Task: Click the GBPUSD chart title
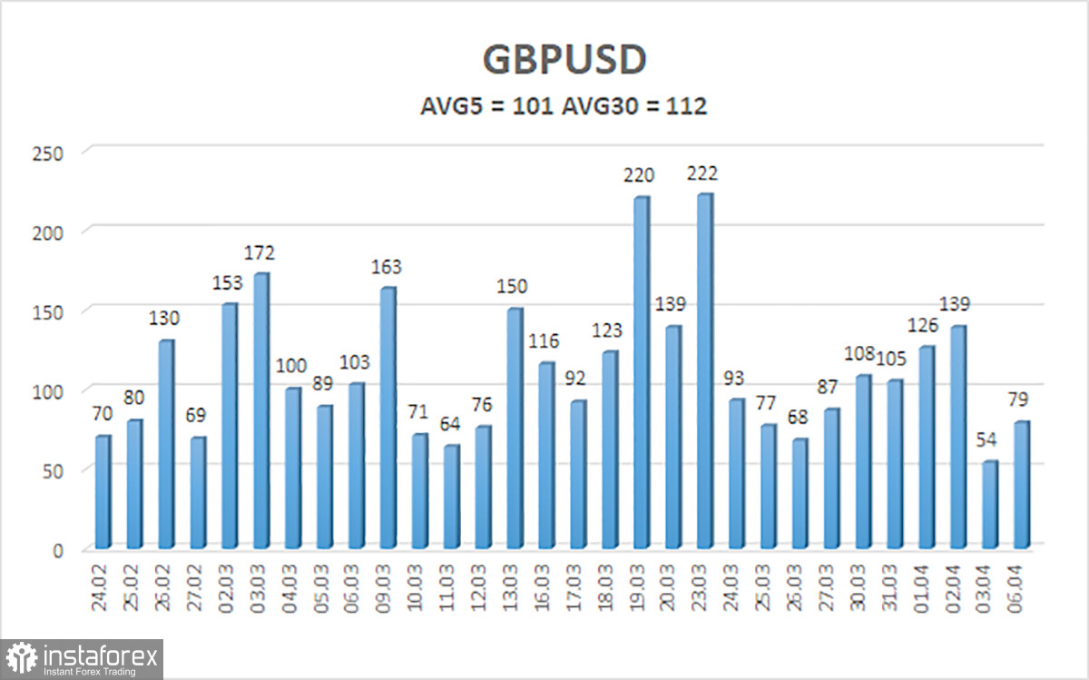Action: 564,60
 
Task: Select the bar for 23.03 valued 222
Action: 704,371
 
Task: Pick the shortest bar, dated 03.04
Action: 989,505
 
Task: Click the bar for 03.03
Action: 260,410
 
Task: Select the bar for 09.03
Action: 387,418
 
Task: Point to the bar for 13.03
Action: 514,429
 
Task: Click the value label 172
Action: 260,252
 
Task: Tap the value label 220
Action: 640,175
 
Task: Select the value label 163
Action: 387,267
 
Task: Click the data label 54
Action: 989,440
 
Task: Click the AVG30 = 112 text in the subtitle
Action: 634,106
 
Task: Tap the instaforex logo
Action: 83,658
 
